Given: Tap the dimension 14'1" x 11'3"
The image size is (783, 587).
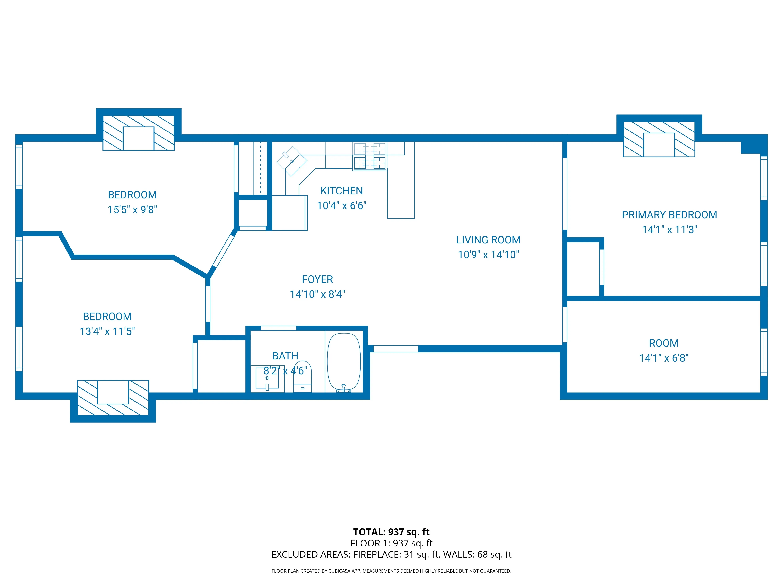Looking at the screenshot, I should click(x=669, y=230).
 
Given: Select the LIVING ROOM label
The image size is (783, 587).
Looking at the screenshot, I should click(x=488, y=240).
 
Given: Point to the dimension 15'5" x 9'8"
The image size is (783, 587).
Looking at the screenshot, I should click(x=132, y=210).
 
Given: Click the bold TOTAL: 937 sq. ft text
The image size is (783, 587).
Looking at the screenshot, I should click(x=391, y=532).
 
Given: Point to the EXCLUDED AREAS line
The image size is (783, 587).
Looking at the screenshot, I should click(x=391, y=555).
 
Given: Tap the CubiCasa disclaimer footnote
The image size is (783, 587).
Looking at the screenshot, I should click(x=391, y=571).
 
